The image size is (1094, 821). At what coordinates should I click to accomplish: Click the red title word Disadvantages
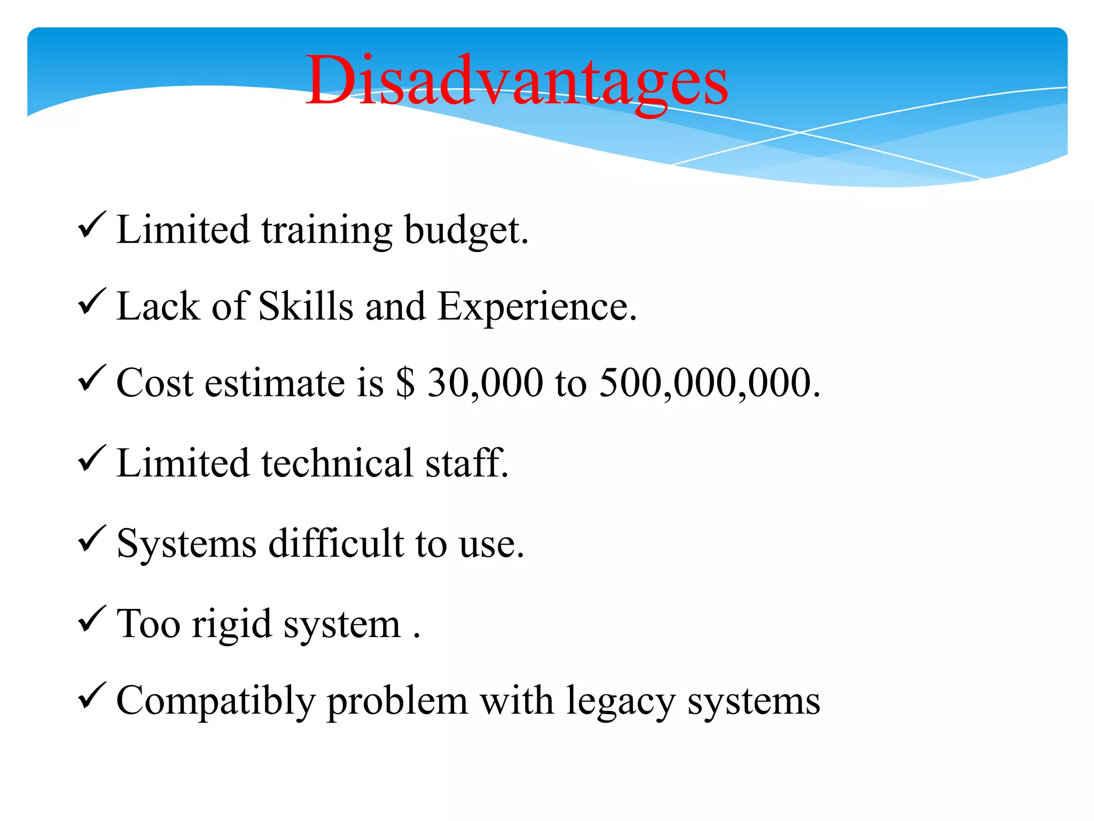(517, 81)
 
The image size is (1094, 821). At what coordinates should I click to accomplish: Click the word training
(326, 230)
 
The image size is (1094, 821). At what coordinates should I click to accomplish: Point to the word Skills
(306, 306)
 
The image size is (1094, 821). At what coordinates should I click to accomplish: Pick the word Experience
(536, 307)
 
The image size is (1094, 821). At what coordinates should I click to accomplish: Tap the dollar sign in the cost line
(405, 383)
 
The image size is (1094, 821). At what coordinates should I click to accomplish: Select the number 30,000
(485, 383)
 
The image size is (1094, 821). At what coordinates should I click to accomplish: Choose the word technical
(337, 463)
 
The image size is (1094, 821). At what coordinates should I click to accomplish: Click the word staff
(466, 463)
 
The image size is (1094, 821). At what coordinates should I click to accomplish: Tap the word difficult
(336, 543)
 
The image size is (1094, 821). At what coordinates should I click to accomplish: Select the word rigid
(232, 624)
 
